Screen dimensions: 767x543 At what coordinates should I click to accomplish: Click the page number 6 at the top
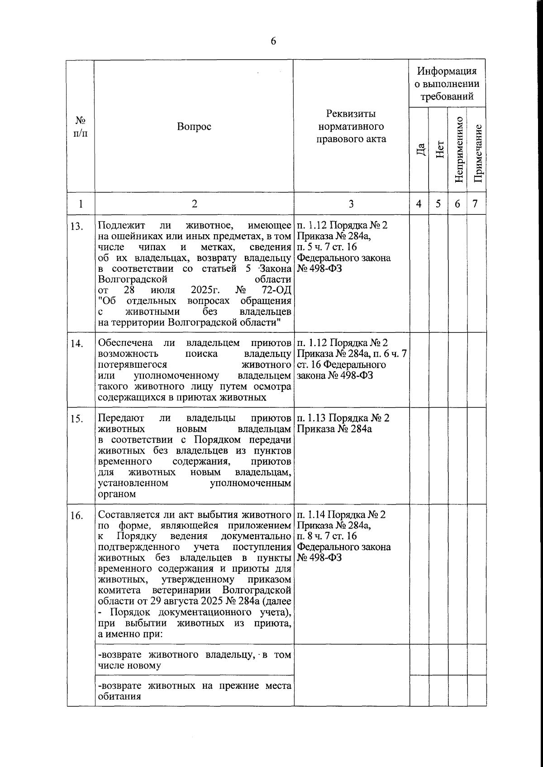(x=273, y=42)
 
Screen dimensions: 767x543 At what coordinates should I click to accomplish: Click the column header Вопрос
(x=194, y=127)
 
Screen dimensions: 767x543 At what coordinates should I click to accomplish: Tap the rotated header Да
(x=420, y=150)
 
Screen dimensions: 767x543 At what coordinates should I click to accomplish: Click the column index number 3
(x=351, y=204)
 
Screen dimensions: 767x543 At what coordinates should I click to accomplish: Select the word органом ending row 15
(x=117, y=494)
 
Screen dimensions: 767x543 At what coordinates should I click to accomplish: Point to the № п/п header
(x=81, y=127)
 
